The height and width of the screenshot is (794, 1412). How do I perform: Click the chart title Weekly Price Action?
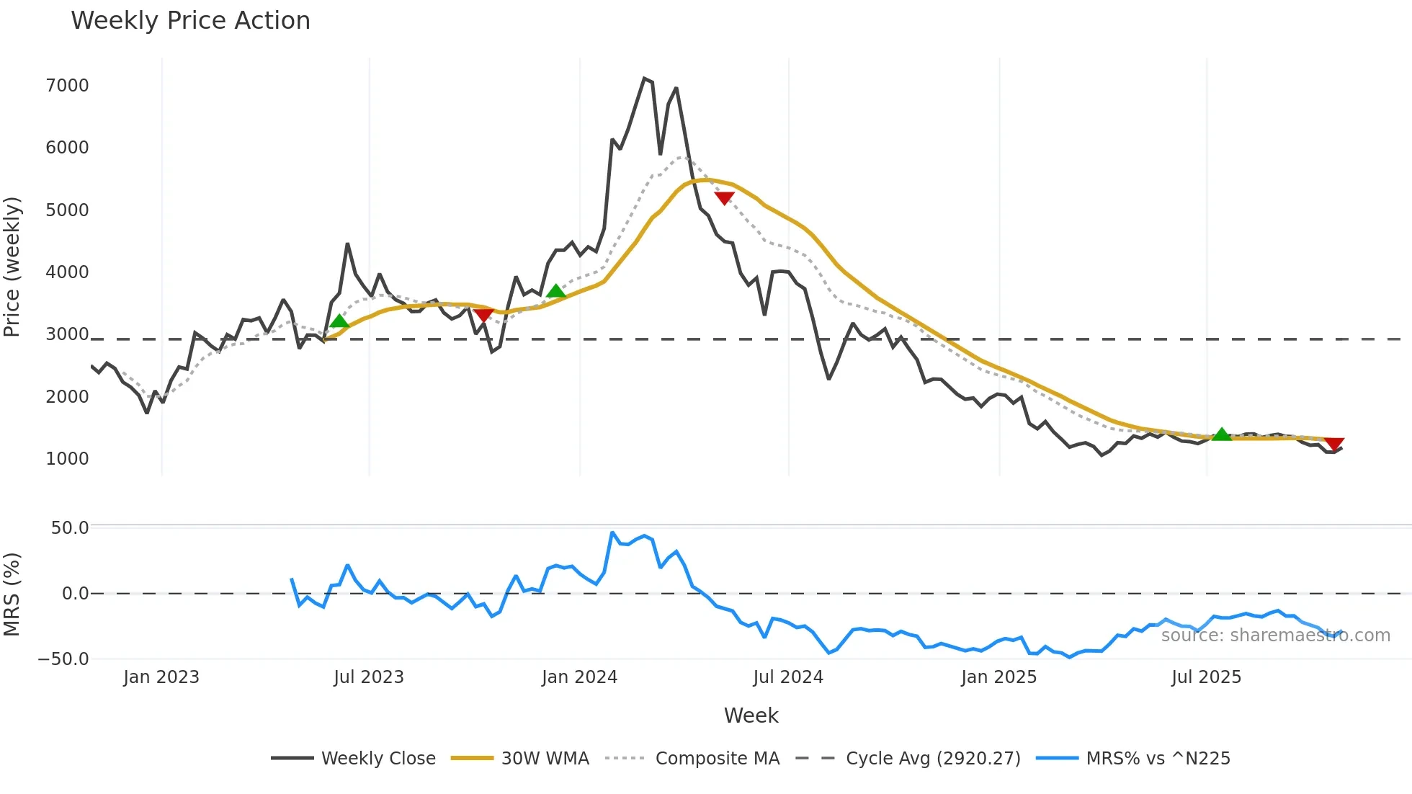(190, 21)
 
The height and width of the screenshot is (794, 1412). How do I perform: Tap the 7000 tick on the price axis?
(67, 86)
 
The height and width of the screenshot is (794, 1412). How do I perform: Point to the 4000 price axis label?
(67, 272)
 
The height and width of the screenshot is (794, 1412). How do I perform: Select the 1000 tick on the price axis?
(67, 459)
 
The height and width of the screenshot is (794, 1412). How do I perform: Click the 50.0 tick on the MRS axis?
(70, 528)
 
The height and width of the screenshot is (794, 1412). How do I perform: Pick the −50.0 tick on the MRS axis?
(63, 659)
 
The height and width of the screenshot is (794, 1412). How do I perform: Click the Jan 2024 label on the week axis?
(579, 677)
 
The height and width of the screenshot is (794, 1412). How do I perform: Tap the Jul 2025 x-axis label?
(1206, 677)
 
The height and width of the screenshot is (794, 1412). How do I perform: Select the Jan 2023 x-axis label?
(161, 677)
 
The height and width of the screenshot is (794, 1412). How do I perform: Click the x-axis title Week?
(751, 715)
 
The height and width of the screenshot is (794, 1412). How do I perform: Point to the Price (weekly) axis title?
(12, 267)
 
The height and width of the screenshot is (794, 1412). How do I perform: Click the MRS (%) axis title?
(12, 594)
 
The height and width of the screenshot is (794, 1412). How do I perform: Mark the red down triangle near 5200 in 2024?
(724, 198)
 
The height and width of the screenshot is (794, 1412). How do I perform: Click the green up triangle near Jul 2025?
(1221, 434)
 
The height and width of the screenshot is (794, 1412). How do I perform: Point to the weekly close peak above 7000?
(644, 79)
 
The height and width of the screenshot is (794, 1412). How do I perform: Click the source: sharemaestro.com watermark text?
(1275, 635)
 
